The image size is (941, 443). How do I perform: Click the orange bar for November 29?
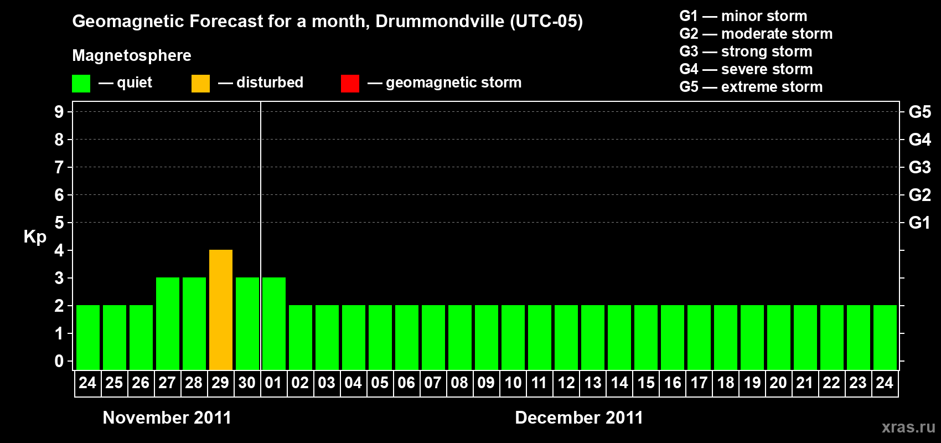pyautogui.click(x=221, y=310)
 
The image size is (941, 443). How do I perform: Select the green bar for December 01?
pyautogui.click(x=274, y=323)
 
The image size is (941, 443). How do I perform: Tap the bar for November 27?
pyautogui.click(x=168, y=323)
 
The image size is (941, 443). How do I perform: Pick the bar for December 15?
pyautogui.click(x=646, y=337)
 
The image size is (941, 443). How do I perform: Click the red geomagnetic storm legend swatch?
pyautogui.click(x=350, y=84)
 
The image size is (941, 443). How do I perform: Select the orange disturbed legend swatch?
pyautogui.click(x=200, y=84)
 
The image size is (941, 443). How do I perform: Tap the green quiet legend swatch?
pyautogui.click(x=81, y=84)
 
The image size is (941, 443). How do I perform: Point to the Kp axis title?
pyautogui.click(x=35, y=236)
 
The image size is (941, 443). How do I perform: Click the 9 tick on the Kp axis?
pyautogui.click(x=59, y=112)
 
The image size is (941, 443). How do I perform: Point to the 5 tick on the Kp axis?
pyautogui.click(x=59, y=223)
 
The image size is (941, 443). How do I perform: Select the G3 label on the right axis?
pyautogui.click(x=919, y=167)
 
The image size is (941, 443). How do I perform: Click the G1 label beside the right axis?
pyautogui.click(x=919, y=223)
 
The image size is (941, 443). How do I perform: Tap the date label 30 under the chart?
pyautogui.click(x=247, y=383)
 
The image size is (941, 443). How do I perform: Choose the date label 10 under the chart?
pyautogui.click(x=513, y=383)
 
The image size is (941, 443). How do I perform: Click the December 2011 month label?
pyautogui.click(x=579, y=418)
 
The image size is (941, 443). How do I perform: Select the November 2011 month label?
pyautogui.click(x=167, y=418)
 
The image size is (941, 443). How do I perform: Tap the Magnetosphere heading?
pyautogui.click(x=132, y=55)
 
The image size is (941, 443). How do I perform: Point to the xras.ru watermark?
pyautogui.click(x=908, y=427)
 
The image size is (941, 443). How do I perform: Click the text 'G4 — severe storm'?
pyautogui.click(x=746, y=69)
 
